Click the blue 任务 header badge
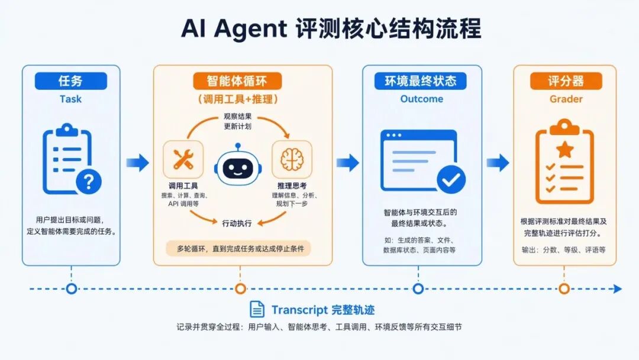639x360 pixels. tap(71, 81)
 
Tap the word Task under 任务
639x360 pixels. tap(70, 99)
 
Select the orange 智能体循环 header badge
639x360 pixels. tap(237, 81)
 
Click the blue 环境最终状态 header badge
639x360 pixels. tap(421, 81)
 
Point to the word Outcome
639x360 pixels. tap(422, 99)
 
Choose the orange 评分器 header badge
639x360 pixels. tap(566, 81)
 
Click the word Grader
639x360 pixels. tap(566, 99)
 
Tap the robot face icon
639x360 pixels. tap(238, 166)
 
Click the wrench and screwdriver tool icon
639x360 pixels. tap(183, 159)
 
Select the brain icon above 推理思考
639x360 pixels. tap(292, 159)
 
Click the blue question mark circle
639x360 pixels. tap(88, 181)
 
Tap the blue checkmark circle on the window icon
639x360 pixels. tap(451, 179)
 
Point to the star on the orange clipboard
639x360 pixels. tap(565, 150)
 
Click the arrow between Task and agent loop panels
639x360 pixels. tap(138, 163)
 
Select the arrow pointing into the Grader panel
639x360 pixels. tap(498, 163)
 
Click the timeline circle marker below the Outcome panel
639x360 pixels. tap(418, 289)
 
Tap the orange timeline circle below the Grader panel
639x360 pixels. tap(564, 289)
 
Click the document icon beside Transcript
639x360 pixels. tap(257, 310)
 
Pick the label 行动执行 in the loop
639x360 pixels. tap(237, 223)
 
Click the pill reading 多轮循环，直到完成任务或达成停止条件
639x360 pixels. tap(238, 249)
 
